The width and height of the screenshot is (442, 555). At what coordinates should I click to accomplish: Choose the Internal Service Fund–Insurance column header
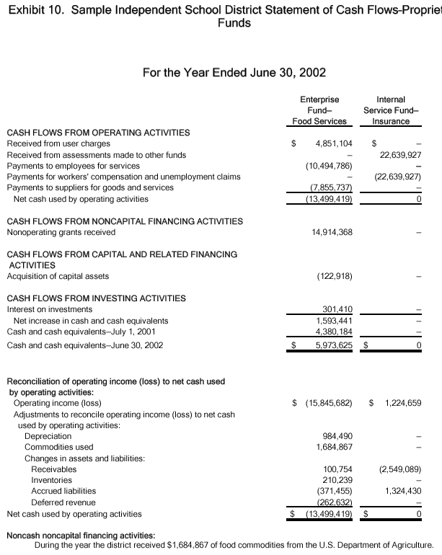(x=391, y=110)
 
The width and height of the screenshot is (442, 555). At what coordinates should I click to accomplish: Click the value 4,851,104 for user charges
(x=333, y=143)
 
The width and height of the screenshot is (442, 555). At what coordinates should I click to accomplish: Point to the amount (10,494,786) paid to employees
(x=327, y=166)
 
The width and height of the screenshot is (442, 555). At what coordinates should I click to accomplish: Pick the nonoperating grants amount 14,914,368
(x=329, y=232)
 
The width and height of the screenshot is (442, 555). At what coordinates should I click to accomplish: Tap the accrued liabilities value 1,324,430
(x=402, y=491)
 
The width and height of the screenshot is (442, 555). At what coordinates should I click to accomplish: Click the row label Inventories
(x=51, y=480)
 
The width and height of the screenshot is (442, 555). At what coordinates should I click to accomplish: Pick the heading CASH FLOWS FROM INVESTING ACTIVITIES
(x=96, y=298)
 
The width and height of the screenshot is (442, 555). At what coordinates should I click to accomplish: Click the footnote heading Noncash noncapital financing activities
(x=80, y=536)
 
